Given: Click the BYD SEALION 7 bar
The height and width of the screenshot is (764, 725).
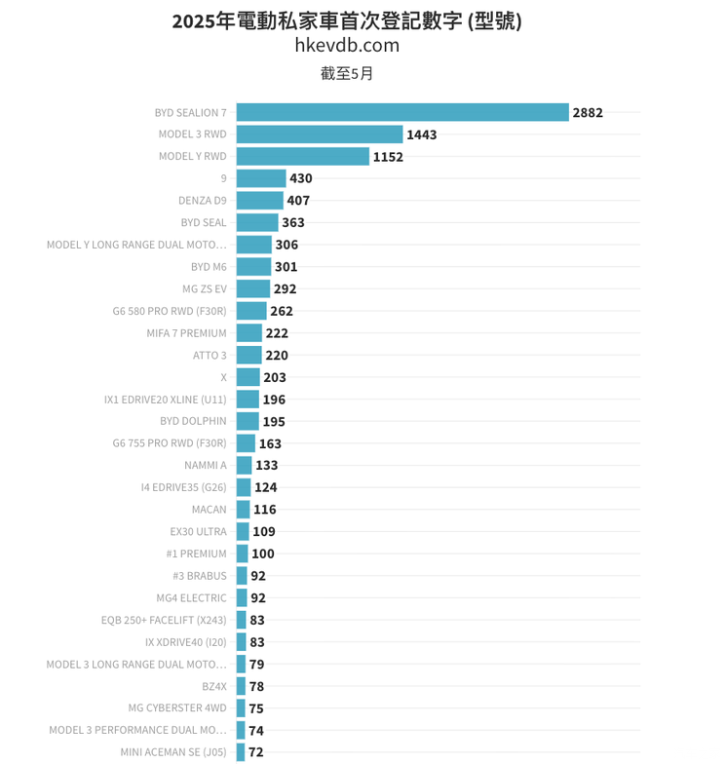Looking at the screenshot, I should tap(401, 112).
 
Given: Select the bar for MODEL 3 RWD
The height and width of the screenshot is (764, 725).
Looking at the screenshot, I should tap(319, 134).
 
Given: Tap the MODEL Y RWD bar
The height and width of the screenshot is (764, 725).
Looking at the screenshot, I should tap(302, 156).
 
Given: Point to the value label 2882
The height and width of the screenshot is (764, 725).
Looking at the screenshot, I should tap(588, 112).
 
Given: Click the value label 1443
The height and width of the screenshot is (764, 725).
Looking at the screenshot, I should tap(421, 134).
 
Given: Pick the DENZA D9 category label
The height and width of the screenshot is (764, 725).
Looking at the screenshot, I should tap(202, 201).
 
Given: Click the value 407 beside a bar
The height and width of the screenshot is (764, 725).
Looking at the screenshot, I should tap(298, 201).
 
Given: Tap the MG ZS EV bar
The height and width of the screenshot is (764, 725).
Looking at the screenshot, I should tap(252, 288).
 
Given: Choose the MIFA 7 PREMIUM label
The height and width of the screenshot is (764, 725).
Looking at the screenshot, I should tap(186, 333).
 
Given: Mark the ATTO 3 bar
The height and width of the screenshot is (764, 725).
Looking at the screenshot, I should tap(248, 355).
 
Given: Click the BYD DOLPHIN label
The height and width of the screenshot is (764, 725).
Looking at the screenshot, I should tap(193, 421).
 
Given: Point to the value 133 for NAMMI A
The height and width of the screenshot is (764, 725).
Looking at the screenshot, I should tap(266, 465).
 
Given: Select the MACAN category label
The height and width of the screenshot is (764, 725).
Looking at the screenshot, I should tap(209, 510).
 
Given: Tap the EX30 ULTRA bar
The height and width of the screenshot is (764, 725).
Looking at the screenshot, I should tap(243, 531).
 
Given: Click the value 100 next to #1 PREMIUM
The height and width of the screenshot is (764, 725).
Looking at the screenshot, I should tap(263, 554).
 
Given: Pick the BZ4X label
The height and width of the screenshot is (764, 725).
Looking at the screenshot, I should tap(213, 686).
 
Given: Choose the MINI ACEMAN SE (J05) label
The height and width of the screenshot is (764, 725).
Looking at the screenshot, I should tap(173, 752).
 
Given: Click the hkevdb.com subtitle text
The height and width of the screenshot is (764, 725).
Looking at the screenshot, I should tap(347, 45).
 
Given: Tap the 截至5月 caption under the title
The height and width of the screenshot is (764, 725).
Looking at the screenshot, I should tap(347, 73).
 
